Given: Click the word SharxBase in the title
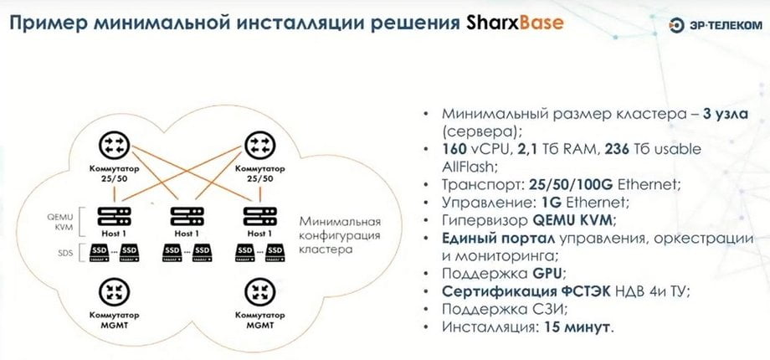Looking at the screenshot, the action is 512,23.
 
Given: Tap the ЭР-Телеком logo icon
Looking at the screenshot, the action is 677,26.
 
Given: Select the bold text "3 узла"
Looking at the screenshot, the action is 726,114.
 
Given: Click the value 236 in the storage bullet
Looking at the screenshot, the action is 619,149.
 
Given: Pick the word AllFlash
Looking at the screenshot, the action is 470,167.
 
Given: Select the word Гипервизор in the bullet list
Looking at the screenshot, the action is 475,220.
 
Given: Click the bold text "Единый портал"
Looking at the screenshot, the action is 499,239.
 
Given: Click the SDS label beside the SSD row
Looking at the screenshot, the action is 65,253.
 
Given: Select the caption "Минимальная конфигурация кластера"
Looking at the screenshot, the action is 340,234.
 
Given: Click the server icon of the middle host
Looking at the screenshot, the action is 187,217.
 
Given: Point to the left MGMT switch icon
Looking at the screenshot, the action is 114,293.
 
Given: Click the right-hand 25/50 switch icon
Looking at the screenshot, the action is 259,146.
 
